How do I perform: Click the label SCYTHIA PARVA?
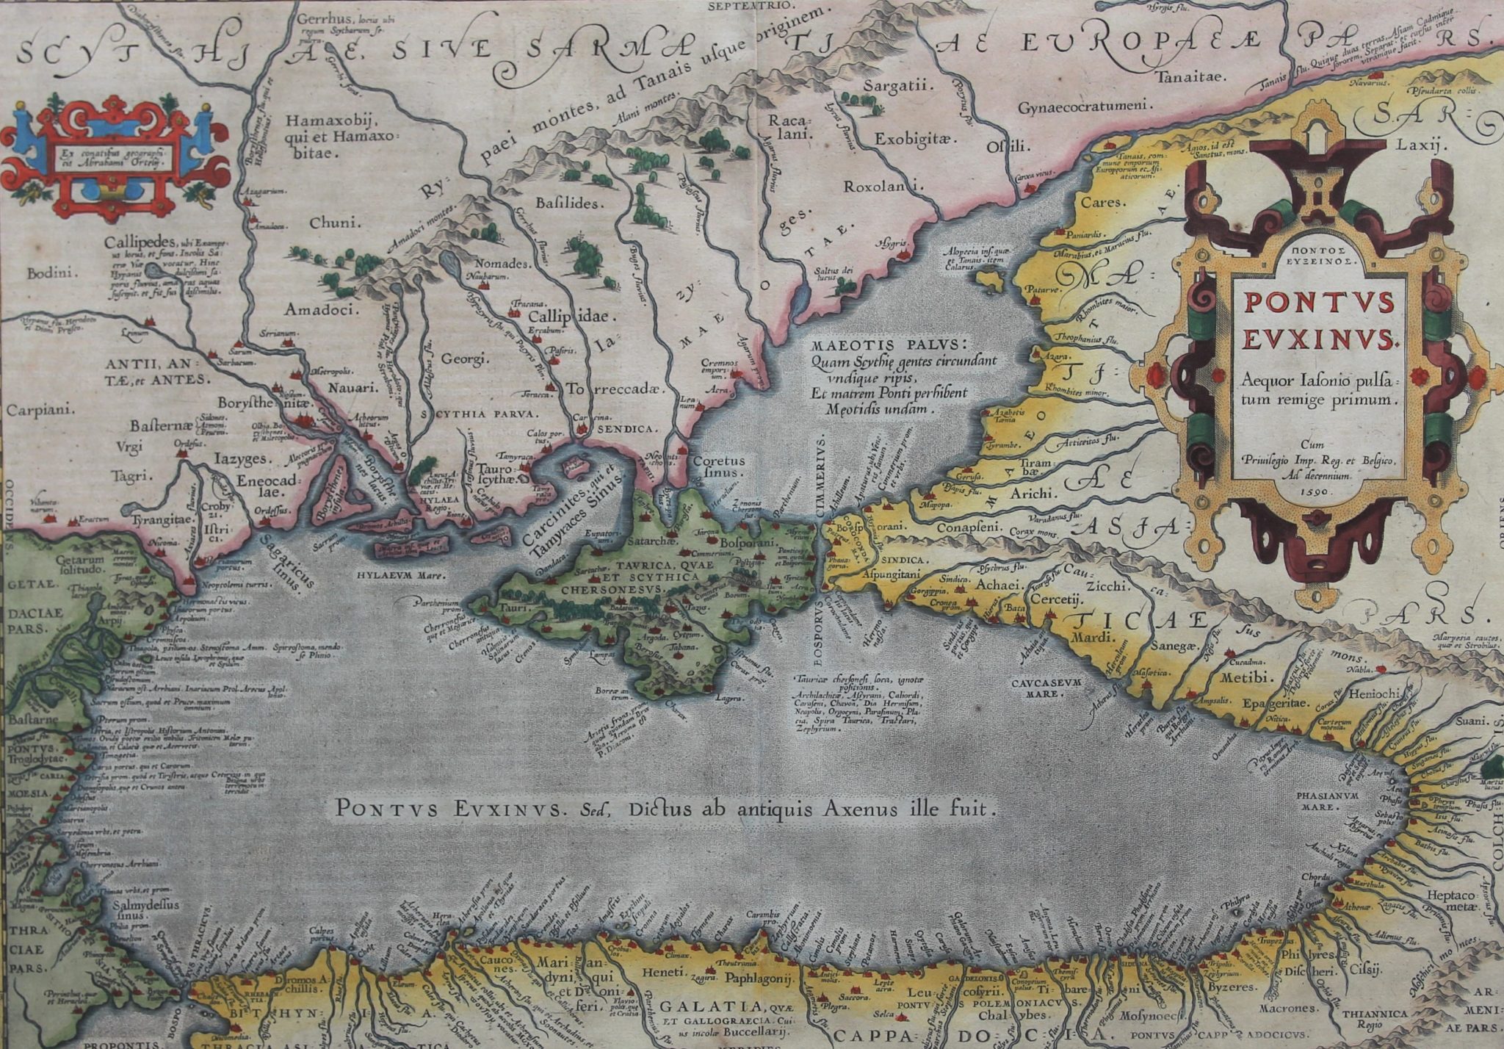click(x=479, y=414)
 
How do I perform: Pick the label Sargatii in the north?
click(x=897, y=86)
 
